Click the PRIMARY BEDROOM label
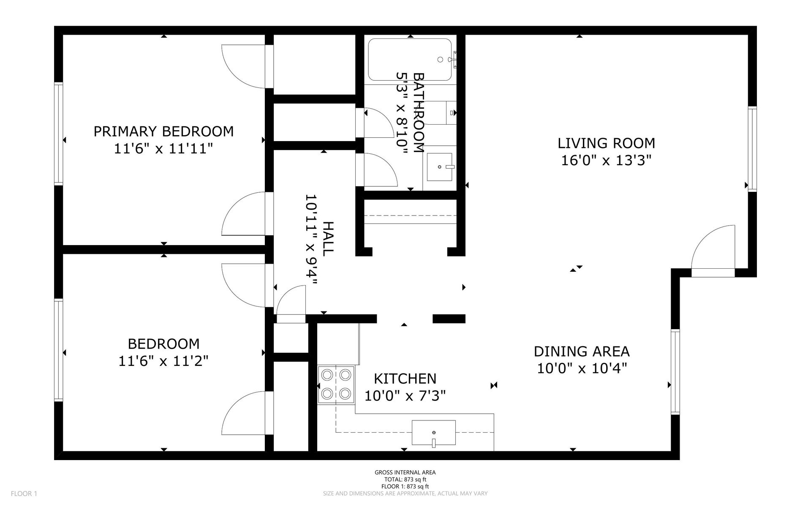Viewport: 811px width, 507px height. pos(163,131)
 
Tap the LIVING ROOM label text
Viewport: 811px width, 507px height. pos(606,143)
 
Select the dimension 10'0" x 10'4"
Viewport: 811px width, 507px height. pos(582,368)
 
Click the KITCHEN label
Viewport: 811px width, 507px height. pos(405,379)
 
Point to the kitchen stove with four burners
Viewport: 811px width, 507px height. pos(336,384)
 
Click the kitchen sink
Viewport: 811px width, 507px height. pos(434,433)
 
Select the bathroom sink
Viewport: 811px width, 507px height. pos(440,166)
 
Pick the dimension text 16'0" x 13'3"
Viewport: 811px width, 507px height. pos(606,161)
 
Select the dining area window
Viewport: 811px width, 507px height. pos(675,372)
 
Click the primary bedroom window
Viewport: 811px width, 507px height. pos(58,134)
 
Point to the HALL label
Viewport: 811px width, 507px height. pos(328,238)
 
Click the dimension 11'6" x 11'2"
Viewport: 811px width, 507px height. pos(163,361)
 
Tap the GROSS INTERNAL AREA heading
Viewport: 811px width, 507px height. pos(405,473)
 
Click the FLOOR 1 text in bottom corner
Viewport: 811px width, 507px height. pos(24,493)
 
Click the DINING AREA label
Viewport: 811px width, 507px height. pos(582,352)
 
